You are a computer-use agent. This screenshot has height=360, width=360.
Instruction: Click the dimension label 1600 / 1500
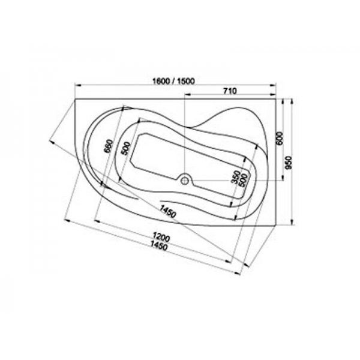point(173,81)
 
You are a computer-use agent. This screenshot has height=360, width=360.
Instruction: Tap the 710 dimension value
point(230,91)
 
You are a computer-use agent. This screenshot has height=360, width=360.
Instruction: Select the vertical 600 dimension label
point(280,138)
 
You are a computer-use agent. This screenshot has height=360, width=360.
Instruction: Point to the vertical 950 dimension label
point(289,163)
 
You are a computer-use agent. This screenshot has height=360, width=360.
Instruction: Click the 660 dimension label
point(109,146)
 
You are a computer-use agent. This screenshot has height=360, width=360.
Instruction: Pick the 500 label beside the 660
point(125,149)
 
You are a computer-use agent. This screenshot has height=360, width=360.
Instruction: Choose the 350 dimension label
point(236,177)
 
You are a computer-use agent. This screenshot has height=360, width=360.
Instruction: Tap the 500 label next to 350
point(244,180)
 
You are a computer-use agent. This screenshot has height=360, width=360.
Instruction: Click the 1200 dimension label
point(161,237)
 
